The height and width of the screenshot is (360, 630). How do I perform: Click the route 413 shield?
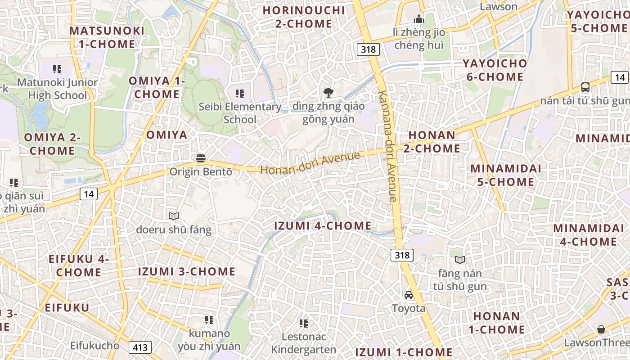click(x=140, y=347)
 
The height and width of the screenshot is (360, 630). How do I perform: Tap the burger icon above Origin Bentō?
click(x=201, y=158)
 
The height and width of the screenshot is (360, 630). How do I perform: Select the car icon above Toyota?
click(x=409, y=295)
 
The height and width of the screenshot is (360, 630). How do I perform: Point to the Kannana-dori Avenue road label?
click(x=388, y=146)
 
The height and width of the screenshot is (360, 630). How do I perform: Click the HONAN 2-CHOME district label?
click(x=432, y=141)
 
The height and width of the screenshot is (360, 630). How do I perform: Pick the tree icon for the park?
click(x=328, y=93)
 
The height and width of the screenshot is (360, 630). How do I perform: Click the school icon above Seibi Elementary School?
click(x=240, y=94)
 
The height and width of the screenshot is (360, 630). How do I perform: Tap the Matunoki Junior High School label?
click(x=57, y=89)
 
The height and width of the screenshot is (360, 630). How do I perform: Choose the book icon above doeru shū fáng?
click(x=174, y=216)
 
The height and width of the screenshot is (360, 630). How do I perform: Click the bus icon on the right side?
click(x=585, y=87)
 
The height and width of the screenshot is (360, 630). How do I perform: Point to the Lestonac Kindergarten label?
click(x=303, y=343)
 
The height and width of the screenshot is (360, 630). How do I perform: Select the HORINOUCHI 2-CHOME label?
click(x=304, y=17)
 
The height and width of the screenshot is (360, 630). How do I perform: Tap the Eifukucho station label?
click(x=94, y=346)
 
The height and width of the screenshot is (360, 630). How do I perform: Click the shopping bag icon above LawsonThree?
click(x=601, y=329)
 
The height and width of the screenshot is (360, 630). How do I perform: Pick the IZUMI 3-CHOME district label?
click(x=186, y=271)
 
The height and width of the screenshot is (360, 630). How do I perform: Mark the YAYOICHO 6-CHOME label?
click(x=495, y=70)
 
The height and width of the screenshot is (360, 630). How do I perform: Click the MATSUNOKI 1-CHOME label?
click(x=107, y=37)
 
